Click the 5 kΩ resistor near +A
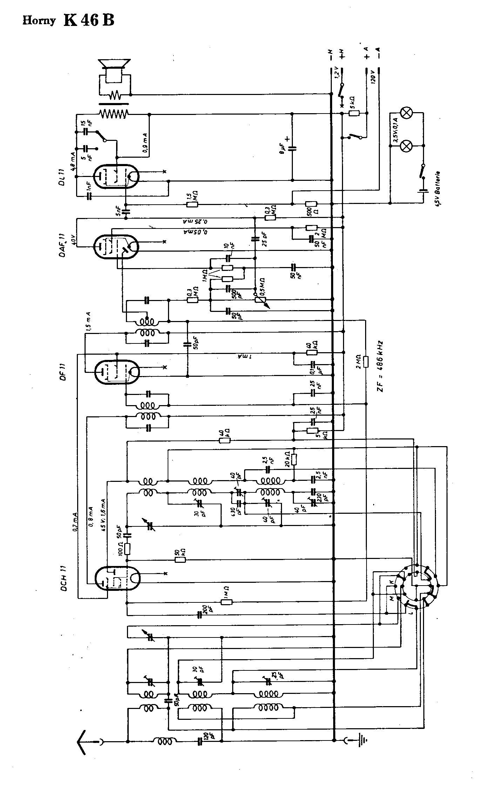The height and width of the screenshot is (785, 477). tap(354, 113)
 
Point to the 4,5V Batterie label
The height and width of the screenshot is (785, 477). tap(438, 190)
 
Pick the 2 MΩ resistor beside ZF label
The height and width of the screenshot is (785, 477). tap(367, 361)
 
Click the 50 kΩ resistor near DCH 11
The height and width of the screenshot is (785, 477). tap(180, 559)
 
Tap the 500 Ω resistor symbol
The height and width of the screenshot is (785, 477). tap(311, 204)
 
